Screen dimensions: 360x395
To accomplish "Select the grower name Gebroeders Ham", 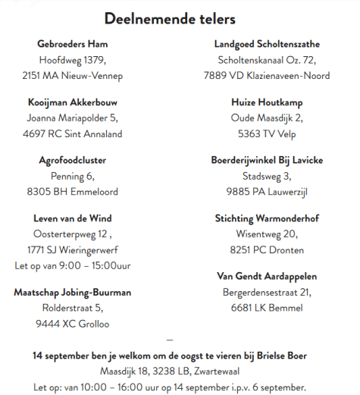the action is [73, 42].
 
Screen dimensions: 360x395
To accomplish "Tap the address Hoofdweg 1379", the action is [73, 59].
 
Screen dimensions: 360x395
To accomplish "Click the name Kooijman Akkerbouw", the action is [73, 102].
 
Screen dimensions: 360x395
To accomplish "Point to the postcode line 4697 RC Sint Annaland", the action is [73, 134].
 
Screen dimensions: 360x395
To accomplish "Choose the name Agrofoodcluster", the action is [73, 160].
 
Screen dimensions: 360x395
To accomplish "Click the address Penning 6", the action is [73, 176].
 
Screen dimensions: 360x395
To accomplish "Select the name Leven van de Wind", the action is [73, 218].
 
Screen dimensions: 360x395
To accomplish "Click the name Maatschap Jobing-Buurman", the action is [73, 292].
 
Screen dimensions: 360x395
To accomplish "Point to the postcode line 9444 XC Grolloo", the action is [73, 324].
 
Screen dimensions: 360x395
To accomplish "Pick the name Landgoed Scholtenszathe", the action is [266, 43].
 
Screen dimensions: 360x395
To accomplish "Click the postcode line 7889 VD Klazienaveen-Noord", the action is [266, 76].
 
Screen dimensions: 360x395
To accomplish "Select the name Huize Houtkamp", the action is [266, 102].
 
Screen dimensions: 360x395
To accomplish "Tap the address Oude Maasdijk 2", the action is [266, 118].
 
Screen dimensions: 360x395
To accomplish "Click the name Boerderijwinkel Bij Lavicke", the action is [266, 160].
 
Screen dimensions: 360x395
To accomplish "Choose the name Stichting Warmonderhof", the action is [266, 218].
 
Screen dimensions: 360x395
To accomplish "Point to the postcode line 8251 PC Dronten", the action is [266, 250].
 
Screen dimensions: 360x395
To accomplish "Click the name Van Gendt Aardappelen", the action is [266, 276].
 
